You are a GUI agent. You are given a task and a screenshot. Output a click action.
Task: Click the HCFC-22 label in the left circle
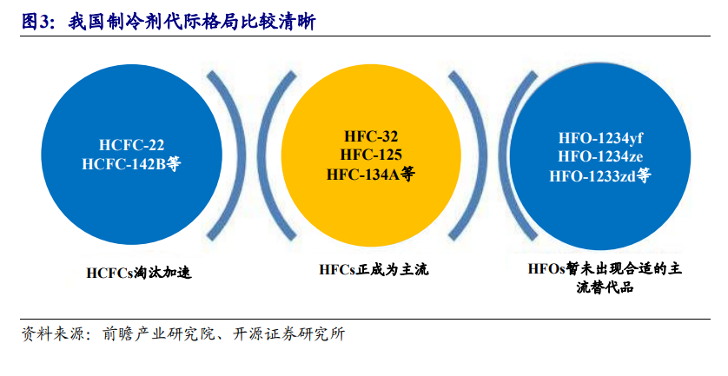coord(131,145)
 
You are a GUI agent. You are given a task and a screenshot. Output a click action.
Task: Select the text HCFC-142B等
coord(131,164)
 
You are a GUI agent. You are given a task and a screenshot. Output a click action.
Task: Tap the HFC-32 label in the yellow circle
coord(371,136)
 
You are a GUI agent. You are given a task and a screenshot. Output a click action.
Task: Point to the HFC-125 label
coord(371,155)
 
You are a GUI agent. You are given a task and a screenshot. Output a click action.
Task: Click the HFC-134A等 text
coord(371,174)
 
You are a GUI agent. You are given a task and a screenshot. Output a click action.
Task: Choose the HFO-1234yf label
coord(600,138)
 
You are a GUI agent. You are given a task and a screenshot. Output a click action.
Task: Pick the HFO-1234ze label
coord(600,156)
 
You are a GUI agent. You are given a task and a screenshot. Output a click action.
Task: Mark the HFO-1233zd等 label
coord(600,176)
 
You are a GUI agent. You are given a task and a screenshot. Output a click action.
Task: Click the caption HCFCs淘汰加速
coord(139,273)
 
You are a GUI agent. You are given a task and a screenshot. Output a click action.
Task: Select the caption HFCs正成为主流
coord(374,269)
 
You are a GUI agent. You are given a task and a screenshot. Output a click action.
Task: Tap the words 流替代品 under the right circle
coord(605,287)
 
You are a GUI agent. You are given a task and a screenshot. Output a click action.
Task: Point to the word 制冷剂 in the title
coord(135,22)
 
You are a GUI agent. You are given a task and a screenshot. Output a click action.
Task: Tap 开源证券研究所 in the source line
coord(288,334)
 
